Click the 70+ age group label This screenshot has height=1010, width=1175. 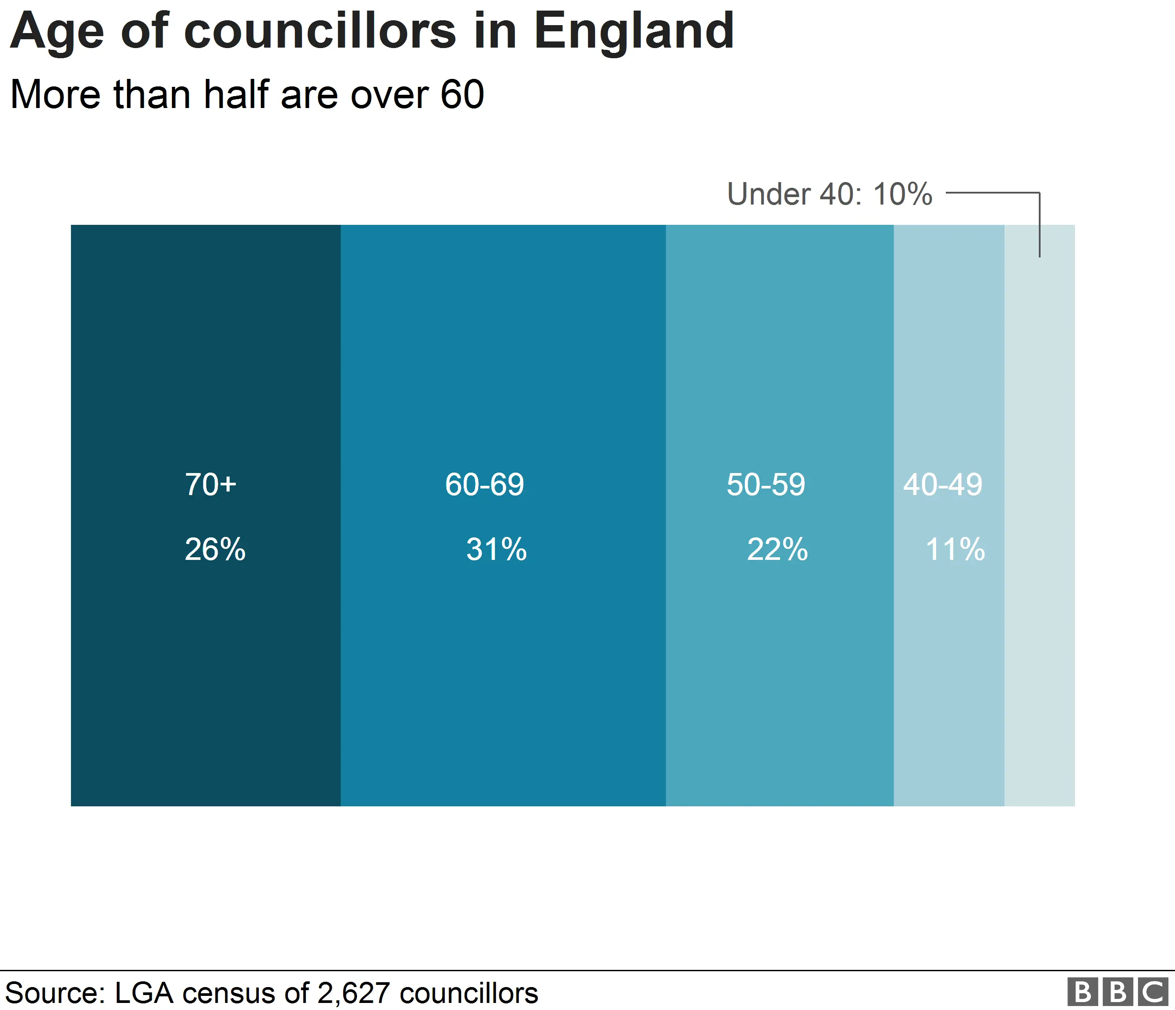[210, 485]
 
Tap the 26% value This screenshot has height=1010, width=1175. [215, 549]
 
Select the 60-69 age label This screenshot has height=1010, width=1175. [484, 485]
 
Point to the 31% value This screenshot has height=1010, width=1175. [496, 549]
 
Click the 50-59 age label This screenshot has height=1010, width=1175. [766, 485]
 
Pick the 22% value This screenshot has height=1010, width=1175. [777, 549]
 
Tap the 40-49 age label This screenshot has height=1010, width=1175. [942, 485]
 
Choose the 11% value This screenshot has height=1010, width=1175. [955, 549]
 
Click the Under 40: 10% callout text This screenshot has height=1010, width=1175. [829, 194]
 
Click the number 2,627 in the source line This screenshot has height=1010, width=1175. [354, 993]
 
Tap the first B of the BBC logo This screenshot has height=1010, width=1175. [1082, 992]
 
